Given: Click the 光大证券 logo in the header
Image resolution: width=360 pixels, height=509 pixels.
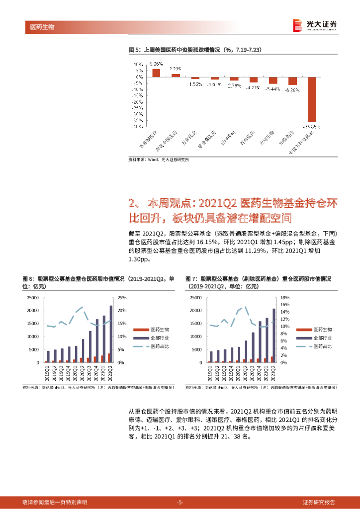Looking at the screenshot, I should (314, 24).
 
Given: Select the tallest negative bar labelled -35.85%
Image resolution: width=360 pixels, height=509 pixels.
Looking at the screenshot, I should (312, 99).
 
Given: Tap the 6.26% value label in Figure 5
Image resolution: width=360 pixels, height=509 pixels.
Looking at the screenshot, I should (156, 64).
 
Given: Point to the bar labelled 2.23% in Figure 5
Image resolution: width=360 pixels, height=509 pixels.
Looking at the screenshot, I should (176, 75).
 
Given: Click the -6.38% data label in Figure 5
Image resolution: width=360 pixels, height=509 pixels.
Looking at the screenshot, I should (292, 90).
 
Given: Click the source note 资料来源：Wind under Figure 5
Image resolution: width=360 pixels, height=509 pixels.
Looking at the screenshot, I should (159, 160).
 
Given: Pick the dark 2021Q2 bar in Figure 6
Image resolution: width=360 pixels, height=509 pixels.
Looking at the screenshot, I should (111, 334).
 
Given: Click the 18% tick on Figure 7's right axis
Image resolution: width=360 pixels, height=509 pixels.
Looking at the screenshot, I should (284, 298).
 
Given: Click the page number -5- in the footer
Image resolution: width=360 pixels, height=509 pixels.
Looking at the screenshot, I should (180, 502).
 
